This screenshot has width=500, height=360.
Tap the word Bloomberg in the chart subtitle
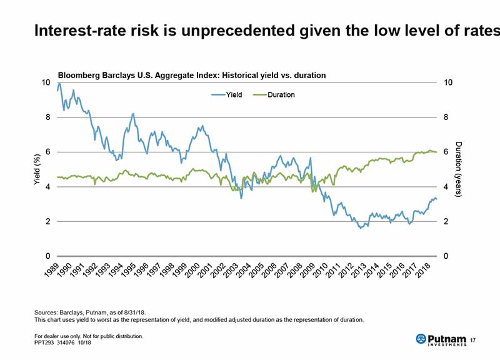coord(77,75)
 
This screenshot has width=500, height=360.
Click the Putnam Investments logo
coord(440,339)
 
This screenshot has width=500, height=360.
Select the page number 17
coord(472,339)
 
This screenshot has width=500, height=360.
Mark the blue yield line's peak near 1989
coord(59,83)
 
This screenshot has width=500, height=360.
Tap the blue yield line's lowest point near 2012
coord(360,227)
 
